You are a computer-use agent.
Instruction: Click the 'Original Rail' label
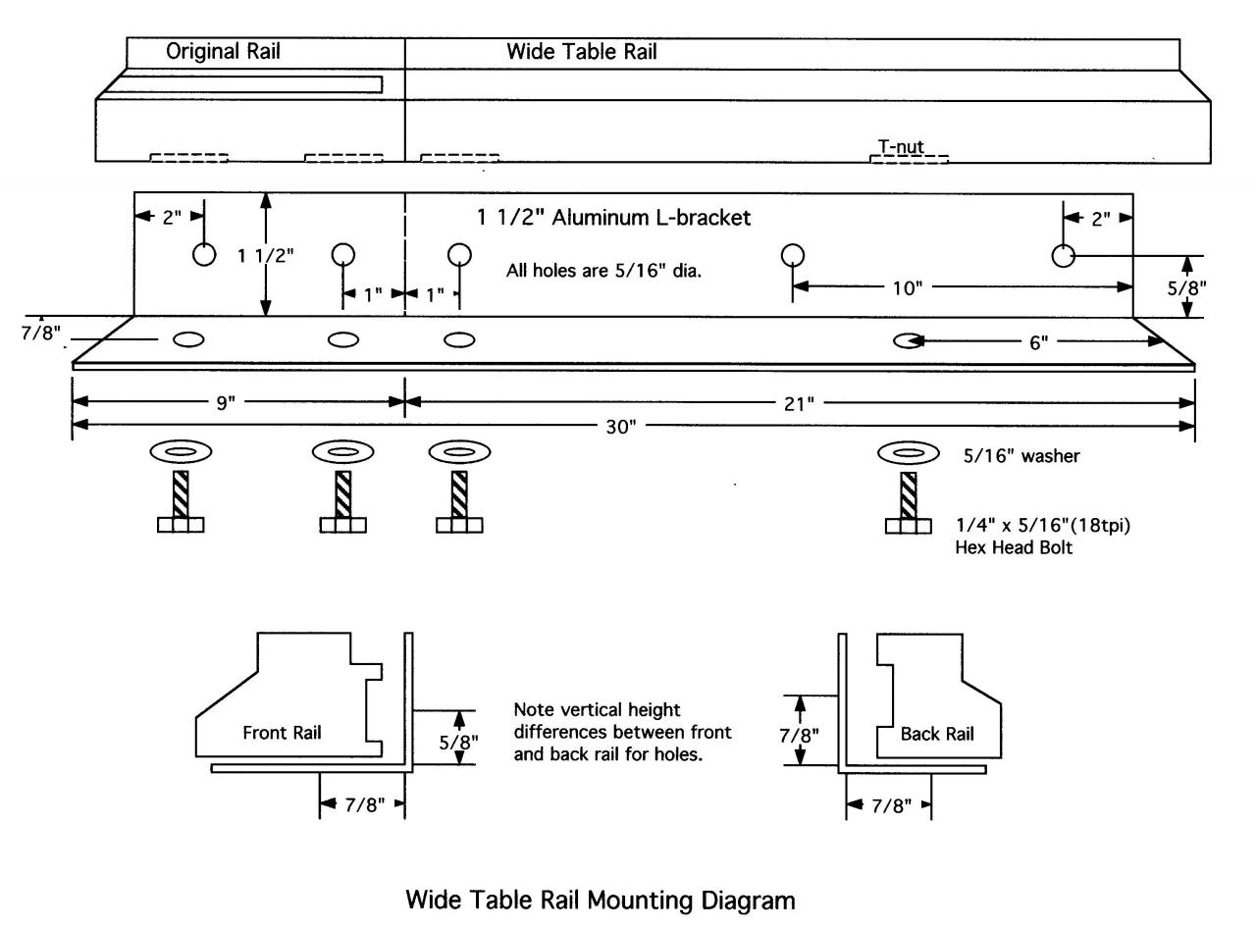click(x=223, y=53)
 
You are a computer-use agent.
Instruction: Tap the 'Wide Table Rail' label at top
click(x=581, y=53)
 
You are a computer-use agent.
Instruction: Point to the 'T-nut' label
click(x=900, y=147)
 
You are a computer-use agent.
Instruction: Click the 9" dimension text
click(x=226, y=403)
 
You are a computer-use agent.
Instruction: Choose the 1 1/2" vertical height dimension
click(x=265, y=255)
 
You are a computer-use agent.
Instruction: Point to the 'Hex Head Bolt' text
click(x=1014, y=548)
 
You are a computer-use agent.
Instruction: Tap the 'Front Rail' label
click(x=282, y=732)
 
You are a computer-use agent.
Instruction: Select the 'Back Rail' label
click(x=937, y=734)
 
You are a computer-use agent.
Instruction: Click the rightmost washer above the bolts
click(x=909, y=453)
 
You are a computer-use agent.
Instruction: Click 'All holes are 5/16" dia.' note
click(x=603, y=271)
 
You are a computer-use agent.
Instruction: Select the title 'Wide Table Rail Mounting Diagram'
click(x=601, y=900)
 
